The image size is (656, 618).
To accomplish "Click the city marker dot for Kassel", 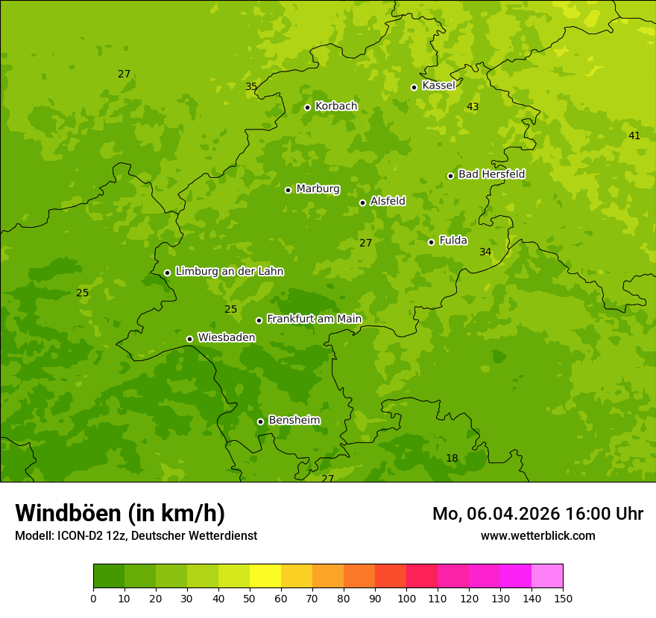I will point(414,87).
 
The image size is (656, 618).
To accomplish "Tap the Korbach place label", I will point(336,106).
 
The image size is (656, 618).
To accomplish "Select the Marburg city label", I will point(318,189).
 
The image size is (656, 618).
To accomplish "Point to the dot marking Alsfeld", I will point(362,203).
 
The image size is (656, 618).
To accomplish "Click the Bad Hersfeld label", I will point(491,174).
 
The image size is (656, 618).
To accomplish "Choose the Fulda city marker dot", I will point(431,242).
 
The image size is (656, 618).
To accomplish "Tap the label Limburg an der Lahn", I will point(229,272).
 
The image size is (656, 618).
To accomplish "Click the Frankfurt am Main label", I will point(314,319).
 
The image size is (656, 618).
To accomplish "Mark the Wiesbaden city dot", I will point(189,339).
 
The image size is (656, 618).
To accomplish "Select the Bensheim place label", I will point(294,421).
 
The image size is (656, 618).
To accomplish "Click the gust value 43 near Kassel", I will point(473,107).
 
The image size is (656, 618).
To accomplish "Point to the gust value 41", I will point(634,136).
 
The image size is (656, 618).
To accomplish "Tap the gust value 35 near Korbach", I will point(251,87).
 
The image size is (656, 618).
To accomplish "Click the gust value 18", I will point(452,459).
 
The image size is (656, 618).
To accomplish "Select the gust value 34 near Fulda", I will point(485,252).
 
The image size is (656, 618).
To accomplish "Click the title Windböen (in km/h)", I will point(120,513).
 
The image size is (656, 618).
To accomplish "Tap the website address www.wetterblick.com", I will point(537,536).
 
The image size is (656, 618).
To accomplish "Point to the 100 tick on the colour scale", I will point(406,598).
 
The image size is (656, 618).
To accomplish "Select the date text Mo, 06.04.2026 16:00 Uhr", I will point(537,514).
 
